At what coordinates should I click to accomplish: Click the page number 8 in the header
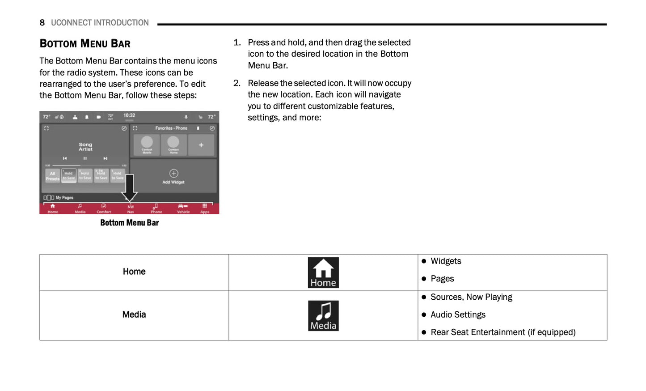(42, 23)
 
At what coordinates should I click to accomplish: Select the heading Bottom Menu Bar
(85, 44)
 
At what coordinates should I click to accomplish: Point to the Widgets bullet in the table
(446, 261)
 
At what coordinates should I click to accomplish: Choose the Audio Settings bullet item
(458, 315)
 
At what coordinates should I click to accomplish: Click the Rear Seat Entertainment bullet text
(503, 332)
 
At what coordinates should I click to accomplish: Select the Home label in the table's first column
(134, 272)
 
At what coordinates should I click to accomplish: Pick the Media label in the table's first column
(134, 314)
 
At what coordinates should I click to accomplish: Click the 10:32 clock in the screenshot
(129, 115)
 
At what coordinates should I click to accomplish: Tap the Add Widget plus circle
(173, 174)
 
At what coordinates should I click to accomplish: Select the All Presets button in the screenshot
(52, 176)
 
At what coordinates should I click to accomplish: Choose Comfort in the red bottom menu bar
(104, 208)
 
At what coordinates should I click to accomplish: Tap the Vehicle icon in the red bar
(183, 208)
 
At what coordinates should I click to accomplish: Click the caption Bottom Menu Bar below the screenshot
(129, 223)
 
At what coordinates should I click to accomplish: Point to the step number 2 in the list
(237, 83)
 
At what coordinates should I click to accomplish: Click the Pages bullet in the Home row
(442, 279)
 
